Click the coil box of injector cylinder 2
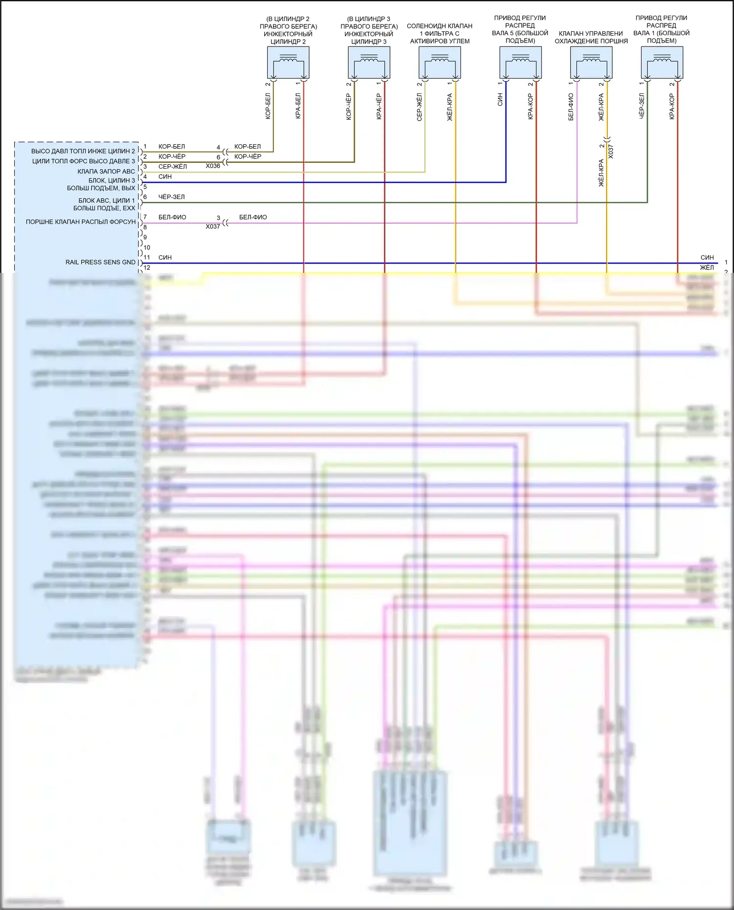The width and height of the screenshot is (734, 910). (288, 63)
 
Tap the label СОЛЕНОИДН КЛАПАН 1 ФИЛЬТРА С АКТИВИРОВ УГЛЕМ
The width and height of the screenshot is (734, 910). (439, 33)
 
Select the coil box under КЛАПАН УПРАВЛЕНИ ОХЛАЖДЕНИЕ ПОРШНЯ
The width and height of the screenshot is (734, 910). (591, 63)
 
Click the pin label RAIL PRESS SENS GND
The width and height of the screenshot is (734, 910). (100, 262)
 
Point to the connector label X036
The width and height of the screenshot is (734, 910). (213, 166)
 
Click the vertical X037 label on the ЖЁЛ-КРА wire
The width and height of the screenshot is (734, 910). (611, 151)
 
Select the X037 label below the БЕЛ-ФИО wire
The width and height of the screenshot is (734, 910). (213, 226)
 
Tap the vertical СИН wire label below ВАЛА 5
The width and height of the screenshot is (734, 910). (500, 100)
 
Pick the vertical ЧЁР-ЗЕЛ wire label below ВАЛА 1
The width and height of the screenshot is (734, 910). (642, 106)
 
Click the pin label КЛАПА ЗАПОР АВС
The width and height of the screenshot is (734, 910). (106, 171)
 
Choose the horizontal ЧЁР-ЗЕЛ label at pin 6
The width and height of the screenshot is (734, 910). (171, 197)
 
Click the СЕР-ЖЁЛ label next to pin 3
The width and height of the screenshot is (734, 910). (172, 167)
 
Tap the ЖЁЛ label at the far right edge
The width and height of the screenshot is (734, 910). (707, 267)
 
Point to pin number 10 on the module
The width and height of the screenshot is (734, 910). (147, 247)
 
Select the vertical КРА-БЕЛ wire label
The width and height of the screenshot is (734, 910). (298, 106)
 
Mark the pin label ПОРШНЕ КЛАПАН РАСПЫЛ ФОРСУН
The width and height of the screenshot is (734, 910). (81, 222)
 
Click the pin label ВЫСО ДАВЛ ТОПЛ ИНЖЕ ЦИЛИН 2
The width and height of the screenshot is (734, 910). (83, 151)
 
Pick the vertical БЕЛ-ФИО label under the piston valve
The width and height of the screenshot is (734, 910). (571, 107)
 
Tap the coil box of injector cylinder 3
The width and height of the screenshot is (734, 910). (369, 63)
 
